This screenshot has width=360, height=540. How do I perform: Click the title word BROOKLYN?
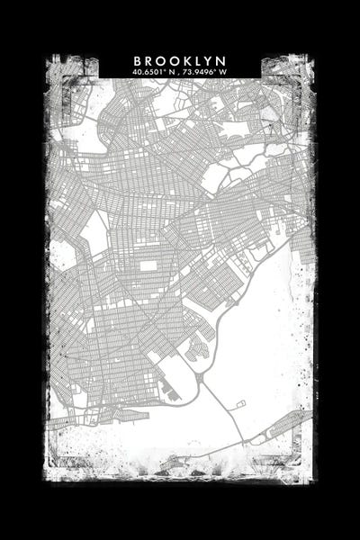point(180,61)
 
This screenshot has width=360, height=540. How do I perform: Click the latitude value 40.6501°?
point(148,72)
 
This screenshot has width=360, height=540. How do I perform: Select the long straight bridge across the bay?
point(221,414)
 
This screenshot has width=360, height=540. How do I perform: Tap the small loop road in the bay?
point(238,405)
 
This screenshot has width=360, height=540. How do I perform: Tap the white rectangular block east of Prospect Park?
point(149,266)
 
